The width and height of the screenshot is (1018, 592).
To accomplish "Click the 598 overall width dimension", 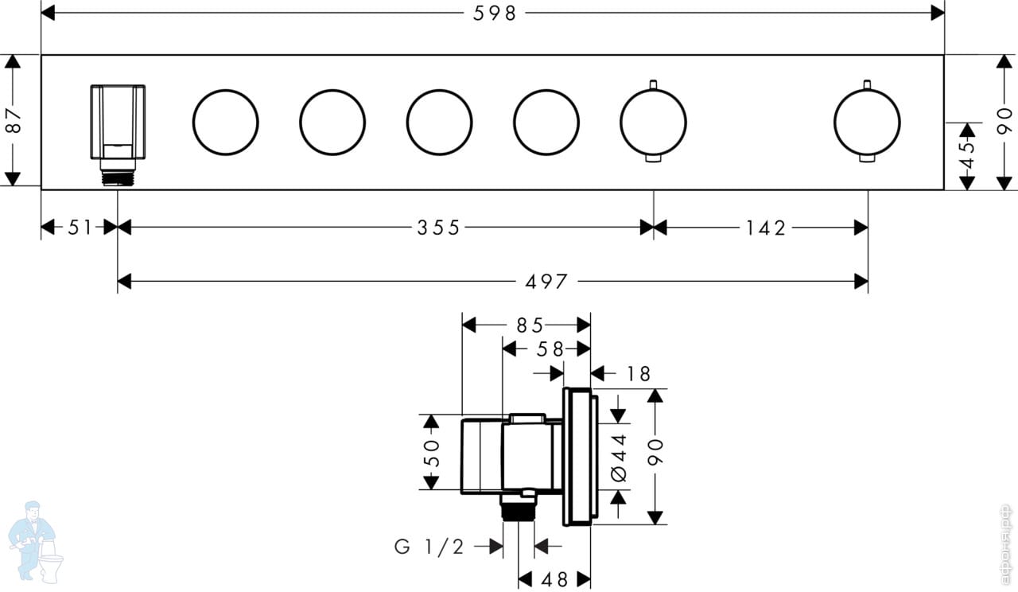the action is click(495, 14).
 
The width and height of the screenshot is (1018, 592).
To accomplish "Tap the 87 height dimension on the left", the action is click(14, 120).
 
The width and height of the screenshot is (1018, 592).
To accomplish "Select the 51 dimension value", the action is click(80, 228).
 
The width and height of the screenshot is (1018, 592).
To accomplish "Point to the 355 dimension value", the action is click(438, 228).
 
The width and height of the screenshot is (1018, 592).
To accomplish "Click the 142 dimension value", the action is click(766, 228).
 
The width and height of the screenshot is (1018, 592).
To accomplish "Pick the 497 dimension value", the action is click(546, 282).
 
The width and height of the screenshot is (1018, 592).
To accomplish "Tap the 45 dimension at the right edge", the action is click(968, 155).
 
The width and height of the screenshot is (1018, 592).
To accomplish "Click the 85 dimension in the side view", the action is click(530, 325).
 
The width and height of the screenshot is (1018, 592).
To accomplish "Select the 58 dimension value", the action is click(550, 349).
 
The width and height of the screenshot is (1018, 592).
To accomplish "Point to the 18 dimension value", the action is click(639, 374).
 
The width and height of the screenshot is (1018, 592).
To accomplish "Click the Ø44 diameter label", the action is click(619, 458).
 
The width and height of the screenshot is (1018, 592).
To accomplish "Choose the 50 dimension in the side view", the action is click(432, 453).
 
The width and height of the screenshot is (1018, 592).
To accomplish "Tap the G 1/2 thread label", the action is click(429, 546).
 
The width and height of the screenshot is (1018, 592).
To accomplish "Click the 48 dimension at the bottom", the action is click(554, 579).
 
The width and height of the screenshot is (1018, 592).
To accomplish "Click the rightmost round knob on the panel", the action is click(867, 123).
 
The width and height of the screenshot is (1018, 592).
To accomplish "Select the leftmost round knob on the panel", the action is click(225, 123).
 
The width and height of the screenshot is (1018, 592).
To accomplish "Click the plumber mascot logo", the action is click(36, 542).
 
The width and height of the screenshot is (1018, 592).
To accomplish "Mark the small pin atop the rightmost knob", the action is click(867, 85).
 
